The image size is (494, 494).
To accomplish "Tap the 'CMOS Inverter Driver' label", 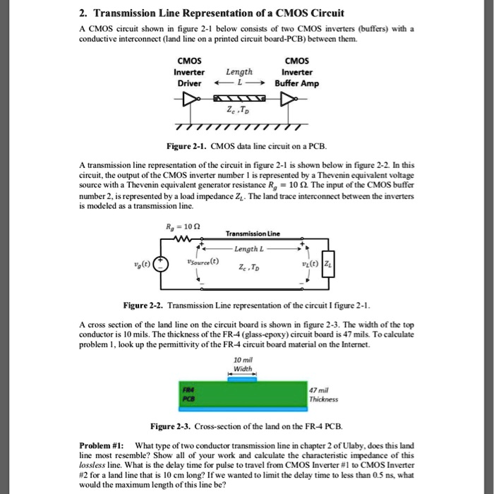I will click(188, 72).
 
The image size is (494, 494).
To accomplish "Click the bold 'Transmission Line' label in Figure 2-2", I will click(253, 234).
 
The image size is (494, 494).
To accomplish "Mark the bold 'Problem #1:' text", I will click(102, 446).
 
